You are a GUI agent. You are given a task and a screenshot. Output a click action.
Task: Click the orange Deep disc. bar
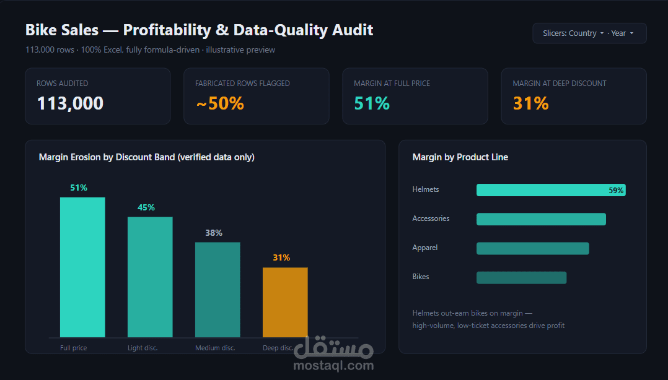click(x=285, y=302)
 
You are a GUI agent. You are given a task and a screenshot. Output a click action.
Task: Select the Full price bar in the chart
click(x=82, y=267)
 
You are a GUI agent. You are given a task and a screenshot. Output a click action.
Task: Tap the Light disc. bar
click(x=150, y=277)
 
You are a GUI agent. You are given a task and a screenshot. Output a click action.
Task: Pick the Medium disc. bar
click(x=218, y=290)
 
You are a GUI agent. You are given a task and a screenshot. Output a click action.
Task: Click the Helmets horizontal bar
click(x=551, y=190)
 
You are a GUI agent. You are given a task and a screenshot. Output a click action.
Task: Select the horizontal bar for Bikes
click(x=522, y=277)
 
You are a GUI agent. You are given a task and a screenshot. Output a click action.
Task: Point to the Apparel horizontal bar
click(x=532, y=249)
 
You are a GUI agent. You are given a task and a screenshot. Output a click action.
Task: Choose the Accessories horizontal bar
click(x=541, y=219)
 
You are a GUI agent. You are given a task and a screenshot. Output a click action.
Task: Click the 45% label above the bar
click(x=146, y=208)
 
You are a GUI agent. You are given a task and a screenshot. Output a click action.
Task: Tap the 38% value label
click(x=214, y=233)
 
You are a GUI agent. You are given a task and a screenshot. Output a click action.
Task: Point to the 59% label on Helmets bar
click(x=616, y=191)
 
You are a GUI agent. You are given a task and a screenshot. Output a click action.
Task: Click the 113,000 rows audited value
click(x=70, y=103)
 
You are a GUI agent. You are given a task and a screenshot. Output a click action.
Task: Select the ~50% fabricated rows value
click(x=220, y=103)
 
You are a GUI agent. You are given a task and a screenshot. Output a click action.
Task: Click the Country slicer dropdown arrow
click(x=602, y=33)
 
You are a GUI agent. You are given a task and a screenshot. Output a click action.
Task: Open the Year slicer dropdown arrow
click(x=632, y=33)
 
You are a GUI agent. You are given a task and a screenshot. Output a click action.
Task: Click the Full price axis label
click(x=73, y=348)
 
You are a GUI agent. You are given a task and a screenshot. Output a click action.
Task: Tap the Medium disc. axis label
click(x=215, y=348)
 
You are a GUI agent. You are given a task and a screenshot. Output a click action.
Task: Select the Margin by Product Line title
click(x=460, y=157)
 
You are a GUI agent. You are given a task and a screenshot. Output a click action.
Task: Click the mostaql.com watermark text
click(x=333, y=366)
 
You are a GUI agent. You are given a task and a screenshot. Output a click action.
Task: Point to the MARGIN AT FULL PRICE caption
click(x=392, y=84)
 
